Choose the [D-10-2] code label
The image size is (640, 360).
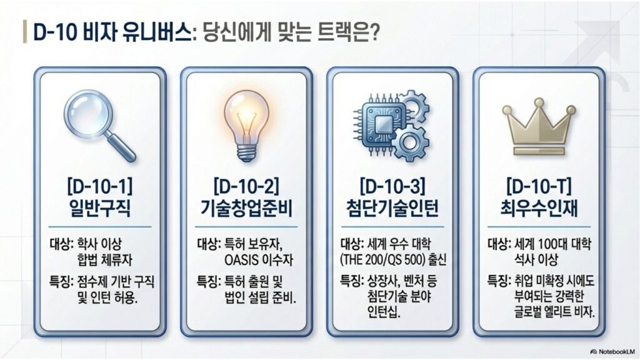[x=245, y=186]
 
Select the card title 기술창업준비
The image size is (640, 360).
[x=245, y=208]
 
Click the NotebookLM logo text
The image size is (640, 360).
[x=611, y=351]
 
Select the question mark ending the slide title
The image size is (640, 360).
[x=375, y=32]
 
